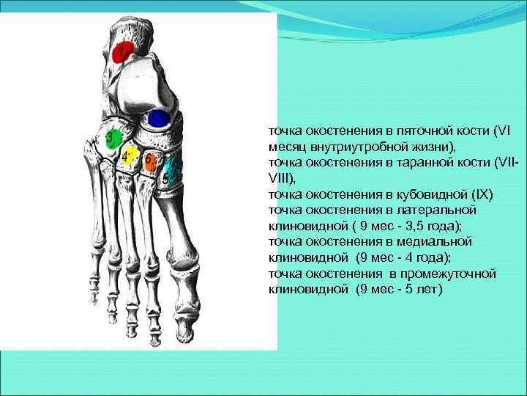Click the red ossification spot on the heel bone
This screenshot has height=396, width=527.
[124, 51]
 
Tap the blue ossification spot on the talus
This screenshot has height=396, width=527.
[158, 117]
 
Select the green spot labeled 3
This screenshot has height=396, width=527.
[111, 138]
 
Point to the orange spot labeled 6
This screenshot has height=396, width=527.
[149, 161]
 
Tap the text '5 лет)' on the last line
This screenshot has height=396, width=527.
[425, 289]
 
